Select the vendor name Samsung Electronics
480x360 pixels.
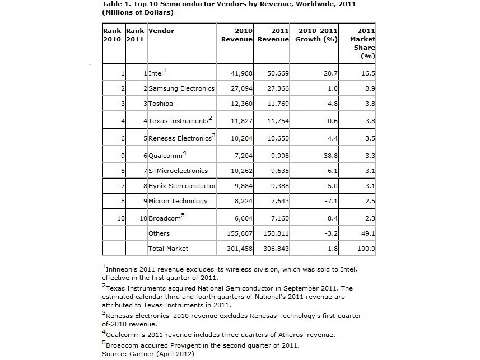[181, 88]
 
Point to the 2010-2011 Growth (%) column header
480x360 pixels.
[316, 35]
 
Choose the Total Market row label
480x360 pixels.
[168, 248]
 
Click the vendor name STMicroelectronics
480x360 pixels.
[178, 171]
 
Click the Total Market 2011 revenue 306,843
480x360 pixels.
[274, 248]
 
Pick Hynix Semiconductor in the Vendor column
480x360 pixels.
[182, 186]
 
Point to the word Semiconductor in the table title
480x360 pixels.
[164, 4]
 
